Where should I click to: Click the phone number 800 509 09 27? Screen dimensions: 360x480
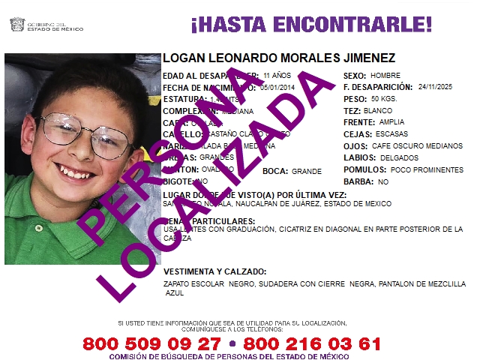point(151,343)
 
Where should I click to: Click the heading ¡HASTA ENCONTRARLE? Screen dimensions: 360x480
point(311,25)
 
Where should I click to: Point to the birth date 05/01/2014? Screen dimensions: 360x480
point(278,87)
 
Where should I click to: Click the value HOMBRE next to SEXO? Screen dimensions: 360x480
point(385,76)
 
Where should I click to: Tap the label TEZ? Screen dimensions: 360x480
point(351,111)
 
